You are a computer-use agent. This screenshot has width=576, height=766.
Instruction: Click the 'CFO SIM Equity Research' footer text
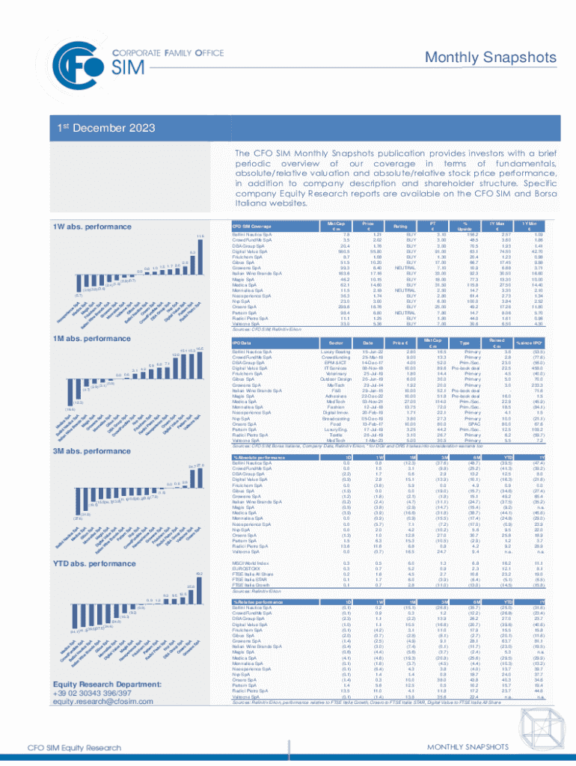(74, 753)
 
